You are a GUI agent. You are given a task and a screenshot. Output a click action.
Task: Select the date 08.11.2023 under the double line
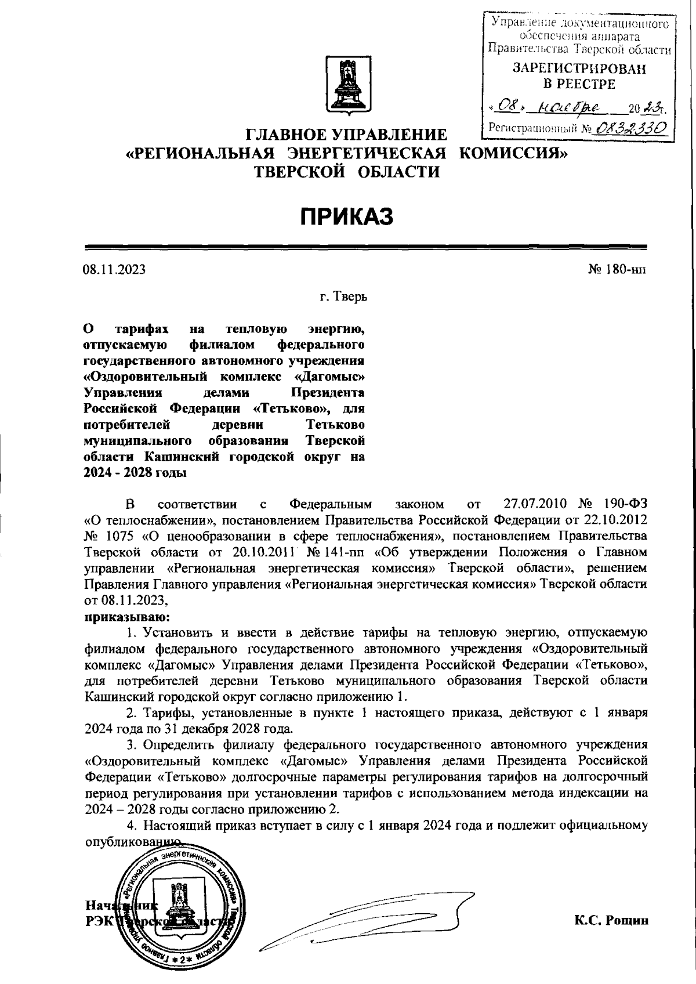click(114, 270)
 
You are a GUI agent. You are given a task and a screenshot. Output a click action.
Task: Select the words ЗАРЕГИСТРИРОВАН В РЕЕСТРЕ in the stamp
click(579, 77)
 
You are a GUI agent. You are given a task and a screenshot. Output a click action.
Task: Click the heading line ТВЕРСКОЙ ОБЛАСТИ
click(347, 171)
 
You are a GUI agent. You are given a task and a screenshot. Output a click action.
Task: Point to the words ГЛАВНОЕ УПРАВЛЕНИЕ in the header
click(347, 136)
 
